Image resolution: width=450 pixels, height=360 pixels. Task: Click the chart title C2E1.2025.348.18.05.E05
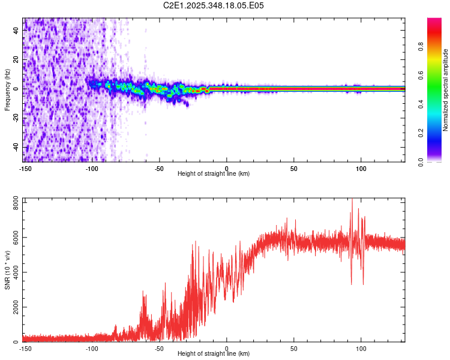(x=214, y=5)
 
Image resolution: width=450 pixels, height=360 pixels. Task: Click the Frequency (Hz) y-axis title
(x=7, y=90)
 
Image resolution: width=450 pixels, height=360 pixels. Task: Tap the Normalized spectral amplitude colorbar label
(x=445, y=90)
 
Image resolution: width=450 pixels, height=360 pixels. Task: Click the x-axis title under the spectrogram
(x=214, y=173)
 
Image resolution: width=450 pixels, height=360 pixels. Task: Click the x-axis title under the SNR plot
(x=214, y=353)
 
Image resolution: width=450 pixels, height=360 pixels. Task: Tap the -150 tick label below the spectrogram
(x=25, y=168)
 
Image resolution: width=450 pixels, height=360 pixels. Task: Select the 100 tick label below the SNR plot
(x=361, y=348)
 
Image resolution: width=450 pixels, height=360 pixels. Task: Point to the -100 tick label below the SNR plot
(x=92, y=348)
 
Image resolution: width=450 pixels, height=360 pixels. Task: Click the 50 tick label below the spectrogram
(x=293, y=168)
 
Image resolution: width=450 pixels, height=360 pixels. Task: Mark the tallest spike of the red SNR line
(x=352, y=200)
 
